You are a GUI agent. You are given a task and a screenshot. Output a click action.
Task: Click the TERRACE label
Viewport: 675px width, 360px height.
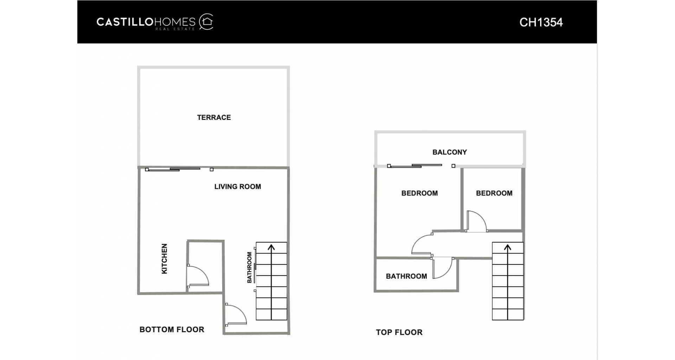(214, 117)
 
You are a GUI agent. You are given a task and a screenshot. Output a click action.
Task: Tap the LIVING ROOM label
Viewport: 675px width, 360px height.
(238, 187)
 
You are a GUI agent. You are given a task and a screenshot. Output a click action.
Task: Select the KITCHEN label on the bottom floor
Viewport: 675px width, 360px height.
(164, 259)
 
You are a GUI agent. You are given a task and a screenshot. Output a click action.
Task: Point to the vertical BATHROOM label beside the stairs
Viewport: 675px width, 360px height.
(250, 267)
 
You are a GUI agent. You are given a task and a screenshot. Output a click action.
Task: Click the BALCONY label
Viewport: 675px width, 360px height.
(450, 152)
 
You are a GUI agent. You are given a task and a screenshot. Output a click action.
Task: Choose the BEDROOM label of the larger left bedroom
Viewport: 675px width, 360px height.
(419, 193)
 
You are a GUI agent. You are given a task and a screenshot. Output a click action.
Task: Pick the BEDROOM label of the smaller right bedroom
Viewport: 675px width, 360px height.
(494, 193)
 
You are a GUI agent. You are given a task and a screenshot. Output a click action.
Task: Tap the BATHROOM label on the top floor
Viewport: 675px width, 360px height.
(406, 276)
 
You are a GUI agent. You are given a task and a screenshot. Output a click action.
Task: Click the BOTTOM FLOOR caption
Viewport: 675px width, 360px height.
(172, 329)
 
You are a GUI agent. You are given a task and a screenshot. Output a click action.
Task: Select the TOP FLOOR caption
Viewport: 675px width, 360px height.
(399, 332)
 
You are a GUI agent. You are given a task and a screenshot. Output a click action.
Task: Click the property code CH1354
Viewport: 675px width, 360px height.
(541, 22)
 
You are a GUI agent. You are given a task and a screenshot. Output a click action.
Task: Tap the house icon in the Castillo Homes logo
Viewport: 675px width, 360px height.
(207, 22)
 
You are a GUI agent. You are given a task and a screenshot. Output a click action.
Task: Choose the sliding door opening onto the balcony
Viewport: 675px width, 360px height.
(421, 166)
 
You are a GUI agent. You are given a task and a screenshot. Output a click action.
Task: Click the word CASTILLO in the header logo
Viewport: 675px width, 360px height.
(125, 22)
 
